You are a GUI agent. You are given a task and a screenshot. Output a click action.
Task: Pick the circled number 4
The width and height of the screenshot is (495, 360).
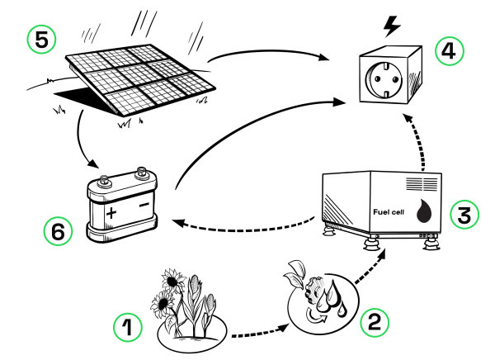click(449, 52)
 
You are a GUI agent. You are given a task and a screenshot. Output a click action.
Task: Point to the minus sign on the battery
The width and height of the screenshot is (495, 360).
click(142, 202)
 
